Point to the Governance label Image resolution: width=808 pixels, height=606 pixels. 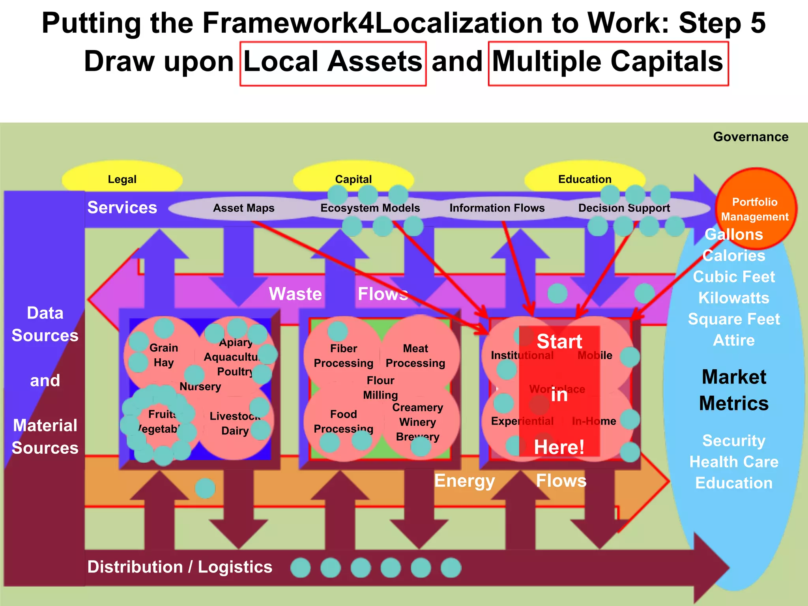coord(750,137)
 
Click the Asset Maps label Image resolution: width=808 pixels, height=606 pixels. coord(243,208)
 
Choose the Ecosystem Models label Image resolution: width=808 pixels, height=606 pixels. coord(370,208)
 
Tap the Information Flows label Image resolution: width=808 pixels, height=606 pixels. coord(497,208)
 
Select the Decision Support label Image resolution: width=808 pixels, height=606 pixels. coord(624,208)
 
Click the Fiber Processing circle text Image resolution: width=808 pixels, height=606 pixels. coord(343,355)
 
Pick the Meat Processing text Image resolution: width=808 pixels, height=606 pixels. coord(415,355)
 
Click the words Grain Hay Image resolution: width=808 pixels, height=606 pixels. coord(163,355)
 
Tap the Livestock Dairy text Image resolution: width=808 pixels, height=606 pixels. coord(235,423)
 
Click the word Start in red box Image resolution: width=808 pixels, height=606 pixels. coord(559,341)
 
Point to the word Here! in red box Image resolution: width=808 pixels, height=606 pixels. coord(559,447)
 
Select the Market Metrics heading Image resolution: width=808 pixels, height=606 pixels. coord(733,390)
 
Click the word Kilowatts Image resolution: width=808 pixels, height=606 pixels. coord(733,298)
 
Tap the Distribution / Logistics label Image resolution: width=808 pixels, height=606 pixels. coord(180,567)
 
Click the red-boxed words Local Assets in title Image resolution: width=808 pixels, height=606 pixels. coord(333,62)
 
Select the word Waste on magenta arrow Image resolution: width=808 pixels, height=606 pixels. coord(295,294)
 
